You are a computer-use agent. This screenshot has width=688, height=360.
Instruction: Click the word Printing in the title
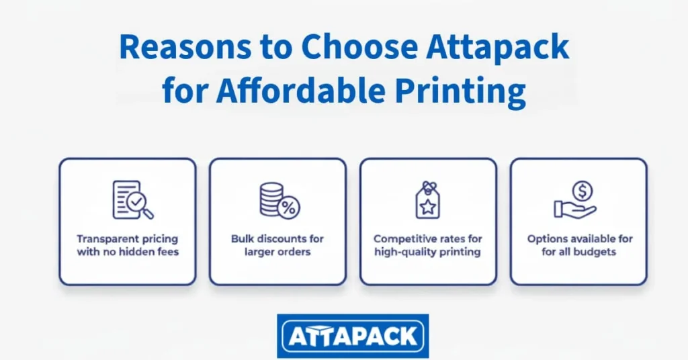click(x=468, y=90)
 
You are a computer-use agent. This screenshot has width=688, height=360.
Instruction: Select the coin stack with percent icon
click(x=279, y=200)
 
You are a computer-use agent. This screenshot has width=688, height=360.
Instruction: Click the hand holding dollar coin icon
click(x=576, y=200)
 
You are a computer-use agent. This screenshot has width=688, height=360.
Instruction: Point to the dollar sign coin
click(x=583, y=191)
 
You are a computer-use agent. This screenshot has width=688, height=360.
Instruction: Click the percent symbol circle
click(x=289, y=208)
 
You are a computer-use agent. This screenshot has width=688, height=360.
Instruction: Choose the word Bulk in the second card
click(x=243, y=239)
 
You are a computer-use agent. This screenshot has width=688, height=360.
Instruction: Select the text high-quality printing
click(x=428, y=253)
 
